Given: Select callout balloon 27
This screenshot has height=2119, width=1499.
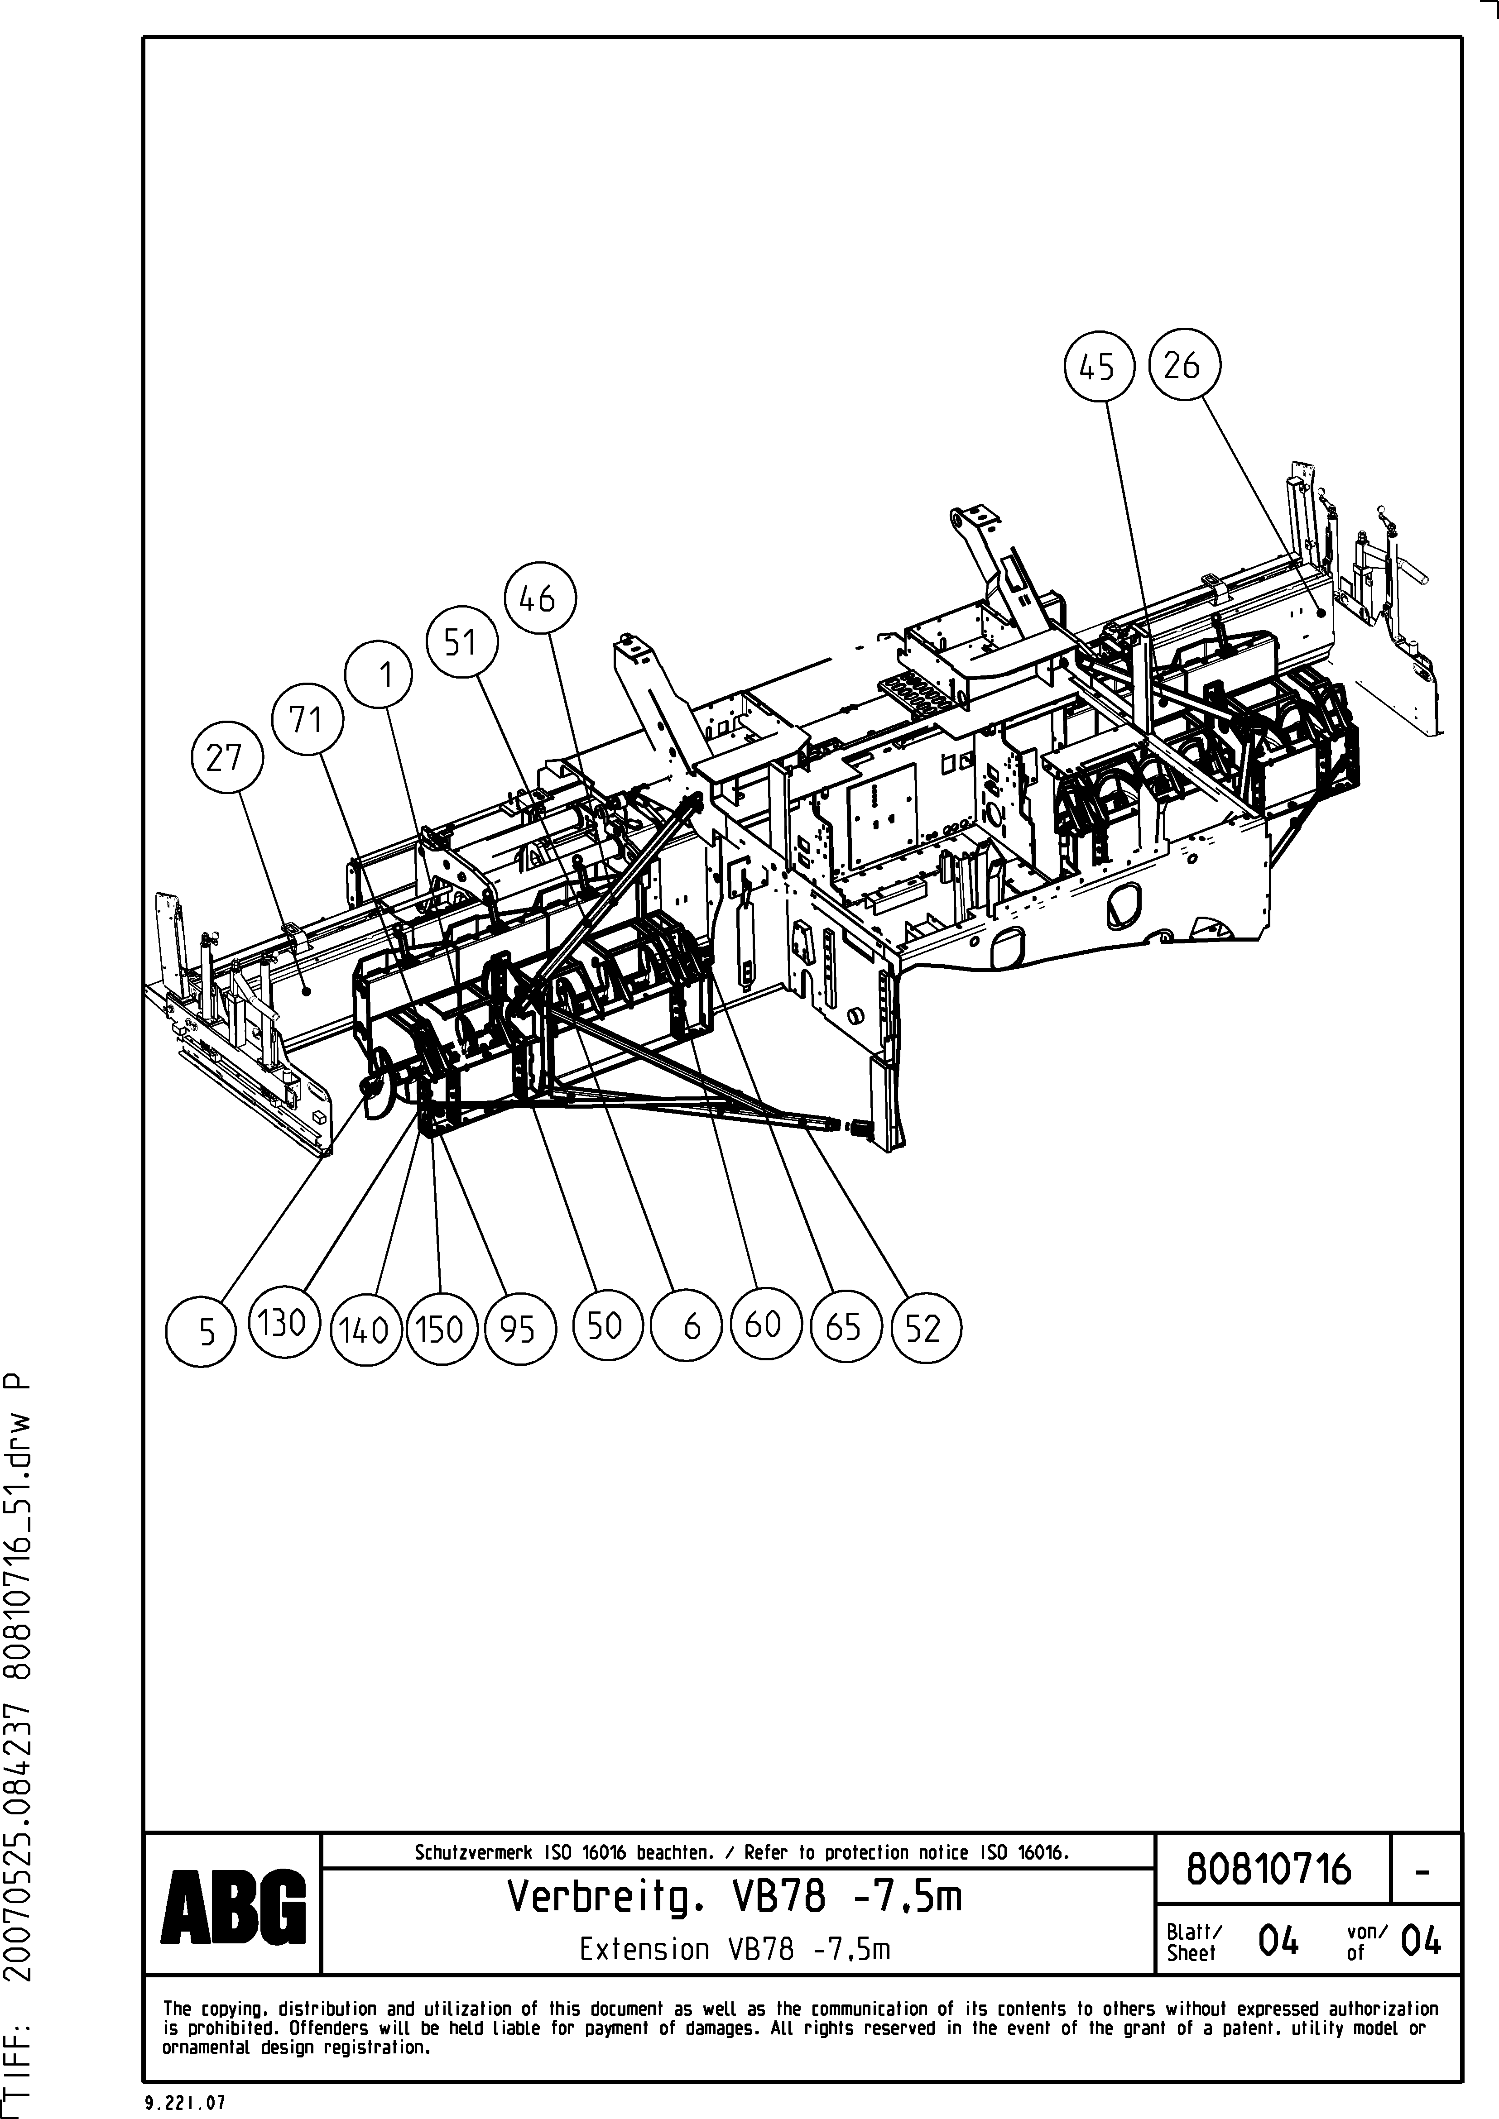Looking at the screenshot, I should pos(226,758).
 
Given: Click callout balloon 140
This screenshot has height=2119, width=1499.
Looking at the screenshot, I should pos(365,1331).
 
